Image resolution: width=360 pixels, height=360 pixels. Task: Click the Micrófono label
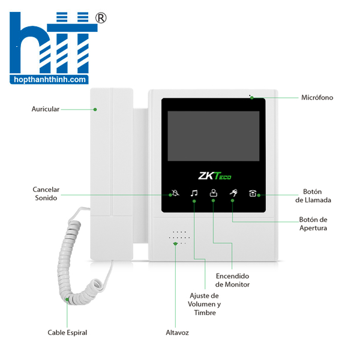tap(317, 97)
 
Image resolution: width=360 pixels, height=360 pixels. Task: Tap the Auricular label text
tap(46, 109)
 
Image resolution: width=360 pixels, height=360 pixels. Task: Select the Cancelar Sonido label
tap(46, 193)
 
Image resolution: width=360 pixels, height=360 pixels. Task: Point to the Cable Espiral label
tap(67, 332)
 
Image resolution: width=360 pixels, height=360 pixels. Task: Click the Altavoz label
tap(178, 332)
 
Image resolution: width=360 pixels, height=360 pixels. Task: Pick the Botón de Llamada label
tap(317, 196)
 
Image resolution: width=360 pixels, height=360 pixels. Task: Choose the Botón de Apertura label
tap(313, 223)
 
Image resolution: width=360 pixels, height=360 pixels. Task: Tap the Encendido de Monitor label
tap(233, 280)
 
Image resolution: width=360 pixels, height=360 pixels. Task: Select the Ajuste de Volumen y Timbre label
tap(204, 304)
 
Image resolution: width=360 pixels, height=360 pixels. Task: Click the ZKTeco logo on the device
tap(214, 176)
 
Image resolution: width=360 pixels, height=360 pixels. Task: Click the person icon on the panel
tap(213, 193)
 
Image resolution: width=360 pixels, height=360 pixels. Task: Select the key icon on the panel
tap(232, 193)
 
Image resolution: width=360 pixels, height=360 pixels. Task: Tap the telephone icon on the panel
tap(253, 193)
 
